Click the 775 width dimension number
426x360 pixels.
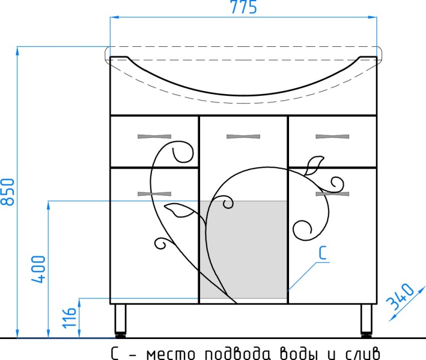[x=243, y=8]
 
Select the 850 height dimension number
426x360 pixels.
[x=8, y=192]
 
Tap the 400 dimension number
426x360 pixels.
[x=38, y=269]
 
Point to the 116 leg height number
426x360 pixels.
[x=69, y=317]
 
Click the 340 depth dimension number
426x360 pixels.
[x=401, y=297]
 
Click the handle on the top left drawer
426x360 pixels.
[x=154, y=136]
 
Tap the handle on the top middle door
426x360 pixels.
[x=243, y=136]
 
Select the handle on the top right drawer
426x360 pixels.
[x=332, y=136]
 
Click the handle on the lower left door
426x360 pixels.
[x=154, y=194]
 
